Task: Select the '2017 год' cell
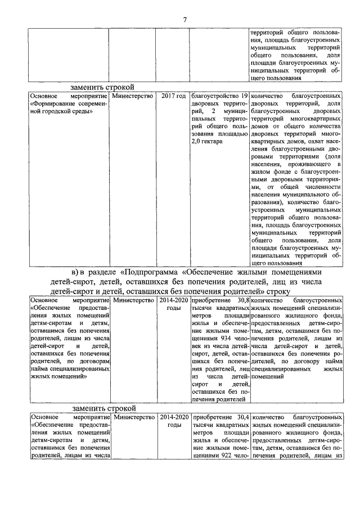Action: (x=173, y=97)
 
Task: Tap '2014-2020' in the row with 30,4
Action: (x=174, y=418)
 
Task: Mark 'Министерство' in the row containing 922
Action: (x=134, y=418)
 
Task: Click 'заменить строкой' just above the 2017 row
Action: (x=103, y=87)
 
